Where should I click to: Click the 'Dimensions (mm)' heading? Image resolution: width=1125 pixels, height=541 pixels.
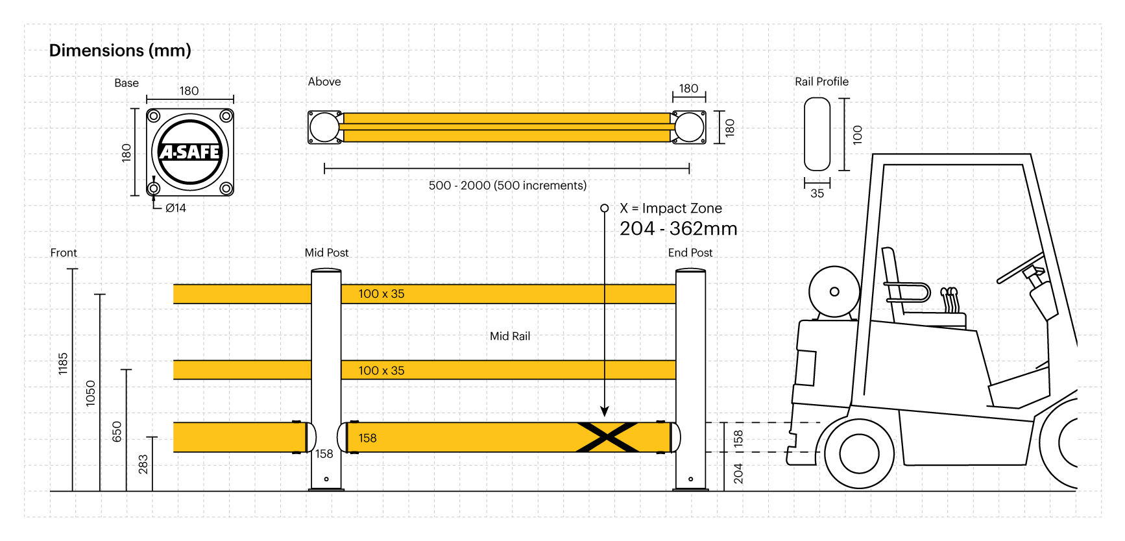[x=120, y=51]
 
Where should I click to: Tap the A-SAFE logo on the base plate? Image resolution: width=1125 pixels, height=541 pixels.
[x=189, y=152]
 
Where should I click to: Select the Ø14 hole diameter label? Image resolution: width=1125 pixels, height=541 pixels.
[x=175, y=208]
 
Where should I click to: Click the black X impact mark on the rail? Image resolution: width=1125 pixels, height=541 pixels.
[x=607, y=437]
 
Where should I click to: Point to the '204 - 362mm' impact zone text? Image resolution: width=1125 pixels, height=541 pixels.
[x=678, y=229]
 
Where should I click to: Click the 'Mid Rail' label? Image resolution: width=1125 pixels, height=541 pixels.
[x=510, y=336]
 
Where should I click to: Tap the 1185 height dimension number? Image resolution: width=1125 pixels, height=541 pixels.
[x=63, y=363]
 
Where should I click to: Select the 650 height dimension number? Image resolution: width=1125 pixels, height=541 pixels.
[x=117, y=431]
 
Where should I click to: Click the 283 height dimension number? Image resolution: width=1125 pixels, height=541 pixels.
[x=143, y=464]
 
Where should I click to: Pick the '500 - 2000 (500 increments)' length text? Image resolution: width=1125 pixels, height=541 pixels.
[x=507, y=186]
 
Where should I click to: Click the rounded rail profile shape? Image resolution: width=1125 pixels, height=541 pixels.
[x=817, y=134]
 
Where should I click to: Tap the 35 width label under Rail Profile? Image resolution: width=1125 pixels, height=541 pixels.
[x=817, y=193]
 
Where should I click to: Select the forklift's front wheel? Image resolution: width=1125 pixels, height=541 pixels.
[x=858, y=453]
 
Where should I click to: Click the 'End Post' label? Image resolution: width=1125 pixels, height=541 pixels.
[x=690, y=253]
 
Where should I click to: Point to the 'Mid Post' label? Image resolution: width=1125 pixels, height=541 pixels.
[x=326, y=253]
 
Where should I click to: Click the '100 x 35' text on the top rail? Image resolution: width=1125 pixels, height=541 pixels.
[x=381, y=294]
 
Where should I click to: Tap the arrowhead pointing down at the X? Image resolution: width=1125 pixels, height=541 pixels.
[x=605, y=411]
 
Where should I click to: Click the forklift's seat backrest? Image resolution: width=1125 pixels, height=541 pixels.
[x=891, y=282]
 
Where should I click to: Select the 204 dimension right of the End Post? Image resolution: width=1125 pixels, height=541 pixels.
[x=738, y=473]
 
